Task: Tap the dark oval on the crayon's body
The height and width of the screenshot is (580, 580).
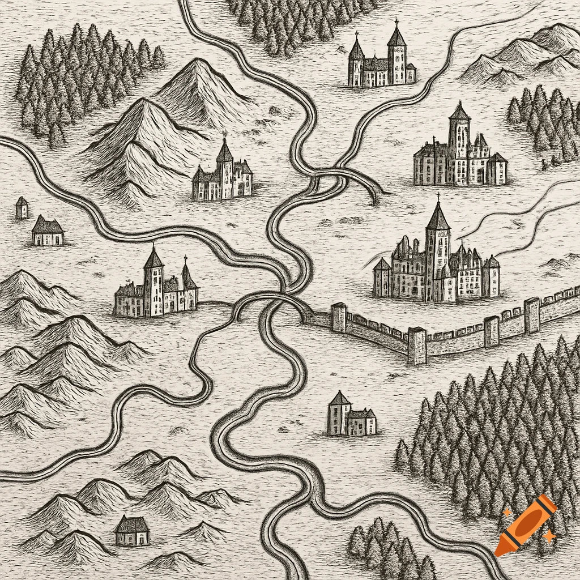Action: (526, 523)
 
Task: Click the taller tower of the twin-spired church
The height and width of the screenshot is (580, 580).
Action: (396, 57)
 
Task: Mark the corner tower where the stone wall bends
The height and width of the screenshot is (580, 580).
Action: (417, 346)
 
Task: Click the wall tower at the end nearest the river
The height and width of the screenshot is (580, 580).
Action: (338, 317)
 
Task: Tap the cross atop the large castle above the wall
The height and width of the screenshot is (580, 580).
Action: (438, 197)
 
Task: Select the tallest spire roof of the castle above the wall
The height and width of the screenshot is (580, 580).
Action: (438, 218)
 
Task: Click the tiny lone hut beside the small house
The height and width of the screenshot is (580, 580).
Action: (22, 208)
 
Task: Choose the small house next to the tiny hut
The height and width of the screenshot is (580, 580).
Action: (48, 231)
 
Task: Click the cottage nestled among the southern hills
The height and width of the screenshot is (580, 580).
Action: (132, 531)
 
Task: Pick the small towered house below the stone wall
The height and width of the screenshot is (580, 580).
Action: (351, 416)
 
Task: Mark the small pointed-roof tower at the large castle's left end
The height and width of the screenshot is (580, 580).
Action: (382, 278)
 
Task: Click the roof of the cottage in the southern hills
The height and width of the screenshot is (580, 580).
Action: (132, 523)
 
